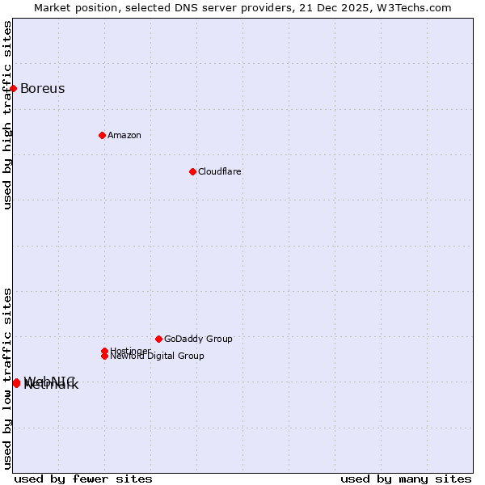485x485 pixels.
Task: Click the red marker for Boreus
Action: pos(14,88)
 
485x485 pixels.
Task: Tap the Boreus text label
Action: pos(42,88)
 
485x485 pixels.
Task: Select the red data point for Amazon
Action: pos(102,135)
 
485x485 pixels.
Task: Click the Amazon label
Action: pos(124,135)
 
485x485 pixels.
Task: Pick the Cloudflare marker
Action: pos(192,171)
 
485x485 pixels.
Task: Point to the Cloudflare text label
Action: pos(219,171)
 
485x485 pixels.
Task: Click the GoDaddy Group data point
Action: pos(158,339)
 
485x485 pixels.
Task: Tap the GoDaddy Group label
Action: pos(198,339)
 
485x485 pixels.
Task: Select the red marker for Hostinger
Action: pos(104,351)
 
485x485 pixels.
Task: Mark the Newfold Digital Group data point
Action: pos(104,356)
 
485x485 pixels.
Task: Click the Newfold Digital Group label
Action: pos(158,356)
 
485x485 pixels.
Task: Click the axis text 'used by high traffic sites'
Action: pos(7,115)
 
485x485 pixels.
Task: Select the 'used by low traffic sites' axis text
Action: pos(7,377)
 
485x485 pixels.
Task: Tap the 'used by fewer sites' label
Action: pos(83,479)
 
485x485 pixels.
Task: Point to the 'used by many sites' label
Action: pos(406,479)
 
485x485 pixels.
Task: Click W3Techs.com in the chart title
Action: pos(415,7)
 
